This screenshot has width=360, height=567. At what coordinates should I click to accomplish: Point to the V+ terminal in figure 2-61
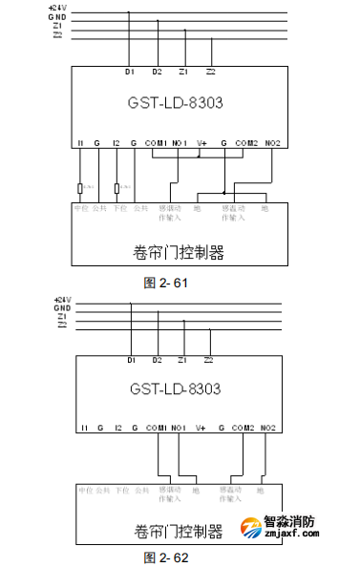(201, 143)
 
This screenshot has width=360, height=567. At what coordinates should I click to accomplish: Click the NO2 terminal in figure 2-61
(273, 143)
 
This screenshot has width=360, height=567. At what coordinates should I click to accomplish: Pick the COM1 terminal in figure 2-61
(156, 143)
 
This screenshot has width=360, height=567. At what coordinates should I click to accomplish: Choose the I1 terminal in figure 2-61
(82, 143)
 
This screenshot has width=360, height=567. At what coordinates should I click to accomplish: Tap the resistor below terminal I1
(82, 188)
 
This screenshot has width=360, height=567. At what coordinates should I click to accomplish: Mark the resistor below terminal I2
(116, 188)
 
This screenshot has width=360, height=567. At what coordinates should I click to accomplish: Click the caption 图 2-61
(166, 283)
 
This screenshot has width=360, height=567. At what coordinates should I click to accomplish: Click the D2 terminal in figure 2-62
(157, 361)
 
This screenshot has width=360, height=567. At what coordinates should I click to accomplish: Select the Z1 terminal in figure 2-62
(182, 361)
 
